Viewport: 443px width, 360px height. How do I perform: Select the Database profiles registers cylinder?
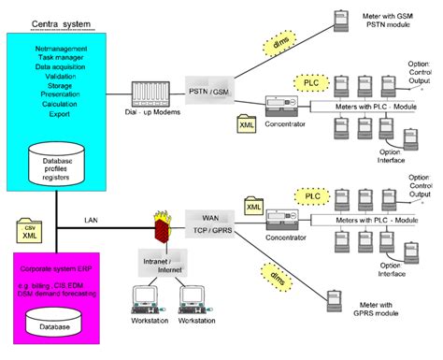57,159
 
